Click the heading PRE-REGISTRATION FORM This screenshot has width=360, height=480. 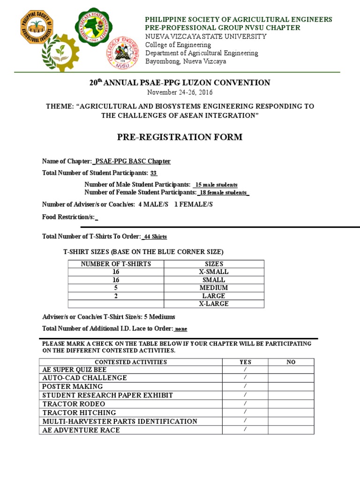[180, 137]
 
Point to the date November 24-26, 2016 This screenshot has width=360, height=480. [180, 92]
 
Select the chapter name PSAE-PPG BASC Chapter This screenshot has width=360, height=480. [133, 161]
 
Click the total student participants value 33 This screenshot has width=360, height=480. [153, 173]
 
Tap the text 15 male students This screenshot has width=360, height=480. [216, 185]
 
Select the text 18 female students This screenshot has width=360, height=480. [223, 192]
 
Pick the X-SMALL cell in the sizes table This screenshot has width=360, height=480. [214, 272]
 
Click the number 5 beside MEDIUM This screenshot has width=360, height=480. [116, 288]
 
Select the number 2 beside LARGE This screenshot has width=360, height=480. [116, 296]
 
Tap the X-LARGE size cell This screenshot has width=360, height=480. [214, 304]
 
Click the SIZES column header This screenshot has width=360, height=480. [214, 264]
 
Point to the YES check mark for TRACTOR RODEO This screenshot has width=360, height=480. [245, 404]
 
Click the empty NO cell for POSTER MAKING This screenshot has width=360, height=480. [291, 386]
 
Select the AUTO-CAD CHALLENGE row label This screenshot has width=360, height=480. [85, 378]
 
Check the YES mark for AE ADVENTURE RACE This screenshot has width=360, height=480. [245, 430]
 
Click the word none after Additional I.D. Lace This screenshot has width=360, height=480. [181, 329]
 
